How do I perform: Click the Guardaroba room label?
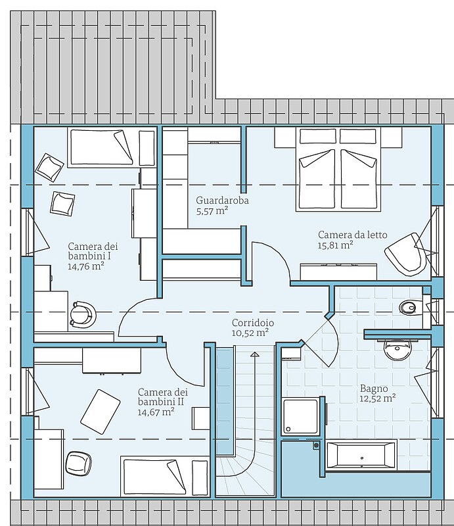pyautogui.click(x=222, y=201)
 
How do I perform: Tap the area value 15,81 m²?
pyautogui.click(x=335, y=245)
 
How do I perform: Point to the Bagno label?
pyautogui.click(x=374, y=389)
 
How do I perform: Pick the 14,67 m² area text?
pyautogui.click(x=156, y=412)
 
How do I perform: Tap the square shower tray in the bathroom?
pyautogui.click(x=300, y=416)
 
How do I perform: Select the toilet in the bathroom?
pyautogui.click(x=409, y=306)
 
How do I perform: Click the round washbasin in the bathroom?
pyautogui.click(x=397, y=350)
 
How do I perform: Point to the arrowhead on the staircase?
pyautogui.click(x=255, y=354)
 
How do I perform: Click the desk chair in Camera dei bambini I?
pyautogui.click(x=83, y=314)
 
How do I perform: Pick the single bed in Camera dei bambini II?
pyautogui.click(x=154, y=476)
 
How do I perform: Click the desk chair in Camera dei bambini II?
pyautogui.click(x=79, y=463)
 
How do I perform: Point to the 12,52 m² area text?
pyautogui.click(x=378, y=398)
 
